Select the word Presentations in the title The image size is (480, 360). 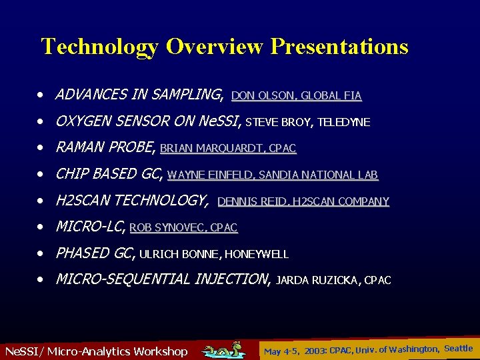pos(339,47)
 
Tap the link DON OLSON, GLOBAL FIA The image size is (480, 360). pos(296,96)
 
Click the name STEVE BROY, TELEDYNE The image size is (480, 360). pos(307,122)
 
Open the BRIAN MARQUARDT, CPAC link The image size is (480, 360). pos(228,149)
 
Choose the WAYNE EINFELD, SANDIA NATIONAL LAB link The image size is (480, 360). pos(272,175)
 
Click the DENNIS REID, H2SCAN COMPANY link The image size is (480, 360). pos(303,201)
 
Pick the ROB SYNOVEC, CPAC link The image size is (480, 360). pos(183,228)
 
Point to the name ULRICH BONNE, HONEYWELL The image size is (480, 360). pos(213,254)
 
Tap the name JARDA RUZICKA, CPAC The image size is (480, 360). pos(333,281)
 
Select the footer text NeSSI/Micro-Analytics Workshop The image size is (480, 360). pos(96,351)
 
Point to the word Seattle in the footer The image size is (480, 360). pos(458,348)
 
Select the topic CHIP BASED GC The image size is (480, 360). pos(109,174)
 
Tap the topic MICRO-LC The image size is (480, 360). pos(89,227)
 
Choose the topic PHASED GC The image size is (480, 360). pos(95,253)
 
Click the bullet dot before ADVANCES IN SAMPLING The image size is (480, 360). pos(41,95)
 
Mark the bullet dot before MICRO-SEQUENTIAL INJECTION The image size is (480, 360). pos(41,279)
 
